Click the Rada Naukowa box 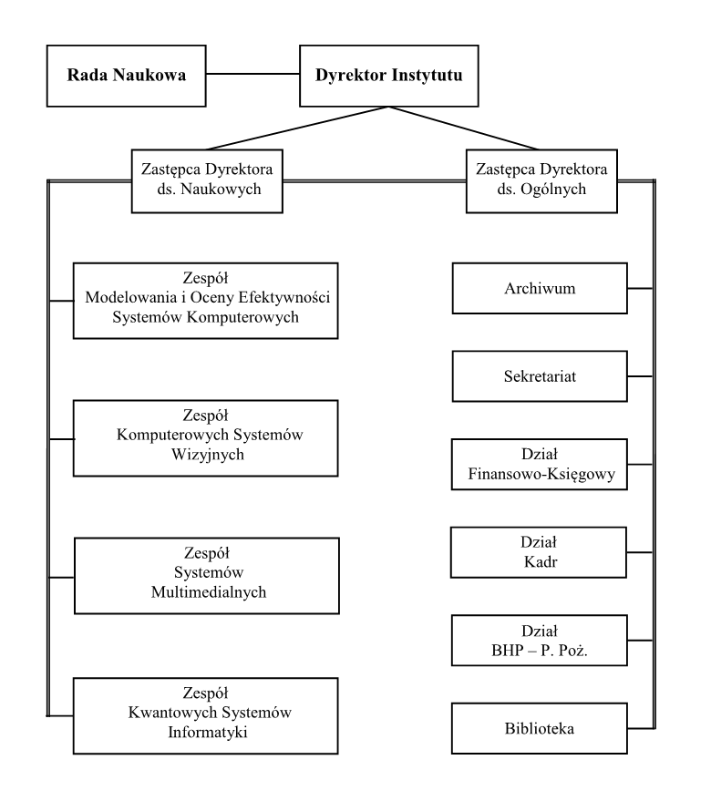127,76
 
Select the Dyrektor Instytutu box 389,76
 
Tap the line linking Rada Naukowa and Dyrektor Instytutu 252,74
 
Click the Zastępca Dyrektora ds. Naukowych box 207,180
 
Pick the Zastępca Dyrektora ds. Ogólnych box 541,180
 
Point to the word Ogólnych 553,190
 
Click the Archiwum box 540,288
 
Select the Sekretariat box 540,376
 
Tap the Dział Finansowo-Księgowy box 540,465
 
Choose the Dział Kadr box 539,552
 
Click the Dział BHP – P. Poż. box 540,640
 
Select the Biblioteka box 540,728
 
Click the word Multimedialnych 209,592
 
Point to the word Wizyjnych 208,455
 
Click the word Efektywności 284,297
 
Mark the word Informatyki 208,732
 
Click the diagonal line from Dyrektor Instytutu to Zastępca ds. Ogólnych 464,128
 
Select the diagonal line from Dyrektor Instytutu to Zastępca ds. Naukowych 297,128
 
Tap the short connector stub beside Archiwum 640,288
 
